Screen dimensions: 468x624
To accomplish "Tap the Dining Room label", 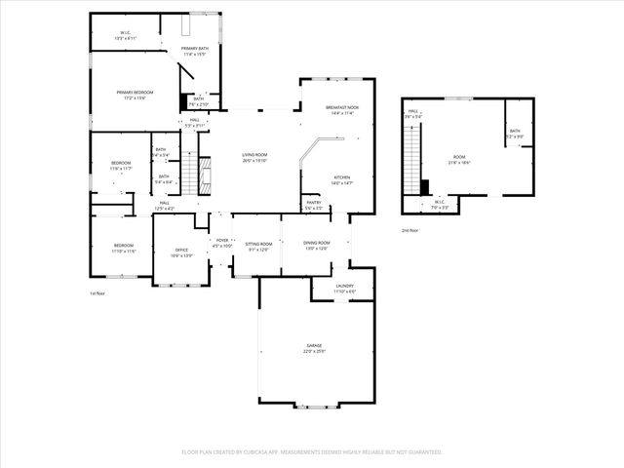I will point(317,245).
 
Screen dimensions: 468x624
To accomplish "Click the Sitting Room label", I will point(256,245).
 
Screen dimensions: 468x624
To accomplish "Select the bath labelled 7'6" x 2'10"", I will point(198,101).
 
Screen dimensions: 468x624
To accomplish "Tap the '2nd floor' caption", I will point(410,230).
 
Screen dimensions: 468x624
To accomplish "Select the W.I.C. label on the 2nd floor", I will point(439,205).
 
